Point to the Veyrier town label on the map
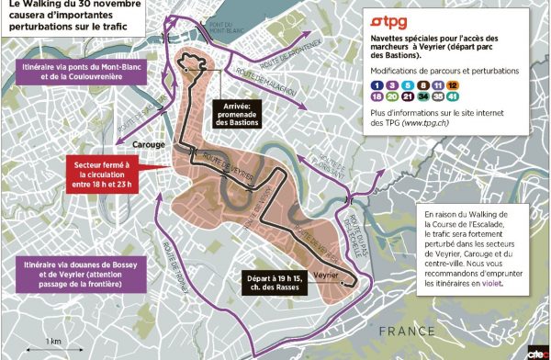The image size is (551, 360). pyautogui.click(x=315, y=274)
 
